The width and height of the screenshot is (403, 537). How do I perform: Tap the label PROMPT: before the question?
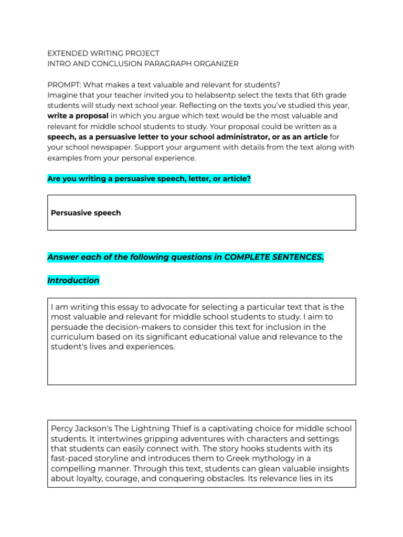pyautogui.click(x=64, y=85)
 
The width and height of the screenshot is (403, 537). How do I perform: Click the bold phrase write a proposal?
pyautogui.click(x=78, y=116)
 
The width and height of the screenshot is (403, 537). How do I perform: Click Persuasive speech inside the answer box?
pyautogui.click(x=86, y=213)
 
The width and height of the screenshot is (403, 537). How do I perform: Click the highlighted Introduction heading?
pyautogui.click(x=73, y=281)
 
